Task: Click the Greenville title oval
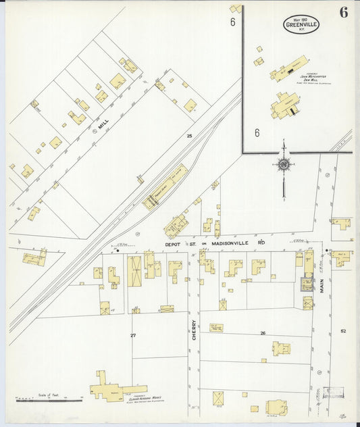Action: tap(301, 25)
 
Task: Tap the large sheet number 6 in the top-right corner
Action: tap(344, 13)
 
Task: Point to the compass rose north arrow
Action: tap(284, 164)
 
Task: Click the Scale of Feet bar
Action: tap(39, 400)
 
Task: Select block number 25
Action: tap(189, 136)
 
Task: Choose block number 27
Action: tap(133, 335)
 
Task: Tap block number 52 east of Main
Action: tap(343, 330)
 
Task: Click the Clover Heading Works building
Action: tap(118, 390)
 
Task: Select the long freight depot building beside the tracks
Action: tap(166, 186)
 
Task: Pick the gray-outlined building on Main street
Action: tap(307, 284)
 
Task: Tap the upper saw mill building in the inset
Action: tap(289, 69)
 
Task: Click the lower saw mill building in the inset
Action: tap(286, 105)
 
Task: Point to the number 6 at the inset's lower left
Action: tap(257, 133)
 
